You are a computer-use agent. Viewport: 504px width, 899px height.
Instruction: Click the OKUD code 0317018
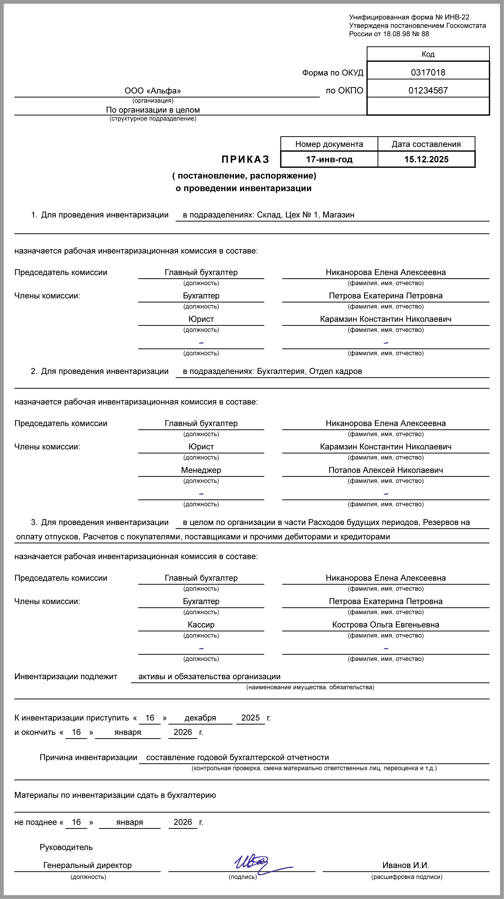point(428,72)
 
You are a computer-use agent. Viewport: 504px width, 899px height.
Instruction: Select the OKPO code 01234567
point(428,91)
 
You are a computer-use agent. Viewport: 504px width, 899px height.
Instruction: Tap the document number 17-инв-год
point(329,160)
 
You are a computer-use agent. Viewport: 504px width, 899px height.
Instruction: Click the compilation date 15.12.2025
point(426,160)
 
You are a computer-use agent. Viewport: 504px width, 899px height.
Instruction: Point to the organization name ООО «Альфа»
point(153,91)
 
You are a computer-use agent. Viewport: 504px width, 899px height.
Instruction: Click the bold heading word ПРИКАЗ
point(246,160)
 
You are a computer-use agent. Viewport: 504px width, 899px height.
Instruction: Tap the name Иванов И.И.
point(406,865)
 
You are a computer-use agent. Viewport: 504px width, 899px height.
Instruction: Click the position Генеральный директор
point(87,865)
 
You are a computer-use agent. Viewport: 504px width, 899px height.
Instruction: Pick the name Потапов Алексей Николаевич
point(385,470)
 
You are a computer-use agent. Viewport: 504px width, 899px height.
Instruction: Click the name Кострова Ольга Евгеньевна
point(385,625)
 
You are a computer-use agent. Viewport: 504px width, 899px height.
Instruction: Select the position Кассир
point(201,625)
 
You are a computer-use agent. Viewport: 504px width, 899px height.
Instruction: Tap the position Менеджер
point(201,470)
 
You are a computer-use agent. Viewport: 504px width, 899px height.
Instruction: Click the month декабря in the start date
point(200,718)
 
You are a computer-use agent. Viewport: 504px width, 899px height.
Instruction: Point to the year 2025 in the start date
point(250,718)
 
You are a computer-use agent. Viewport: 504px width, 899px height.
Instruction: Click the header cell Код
point(428,54)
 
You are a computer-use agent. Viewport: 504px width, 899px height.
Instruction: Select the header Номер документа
point(329,144)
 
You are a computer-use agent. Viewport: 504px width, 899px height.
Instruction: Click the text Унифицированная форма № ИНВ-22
point(409,17)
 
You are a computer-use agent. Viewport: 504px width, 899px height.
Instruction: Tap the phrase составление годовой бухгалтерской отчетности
point(237,758)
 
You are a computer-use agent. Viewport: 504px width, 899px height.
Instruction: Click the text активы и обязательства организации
point(209,676)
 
